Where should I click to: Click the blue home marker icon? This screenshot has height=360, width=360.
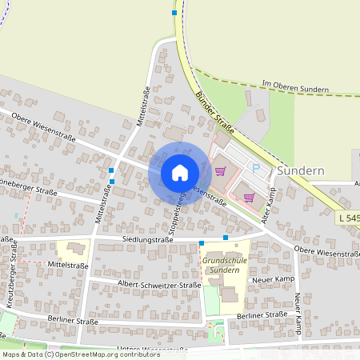point(179,173)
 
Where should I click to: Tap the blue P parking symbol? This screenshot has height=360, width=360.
point(256,169)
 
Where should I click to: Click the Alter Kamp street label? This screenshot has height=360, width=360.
point(268,206)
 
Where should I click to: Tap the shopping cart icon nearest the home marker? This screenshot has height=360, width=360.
point(220,169)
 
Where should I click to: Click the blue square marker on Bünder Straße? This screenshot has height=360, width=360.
point(174,13)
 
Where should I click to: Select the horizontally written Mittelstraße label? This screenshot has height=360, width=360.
point(67,265)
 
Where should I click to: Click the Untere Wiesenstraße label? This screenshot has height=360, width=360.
point(152,350)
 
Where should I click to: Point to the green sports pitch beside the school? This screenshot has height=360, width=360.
point(211,301)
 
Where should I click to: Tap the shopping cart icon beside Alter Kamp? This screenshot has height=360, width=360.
point(249,196)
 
